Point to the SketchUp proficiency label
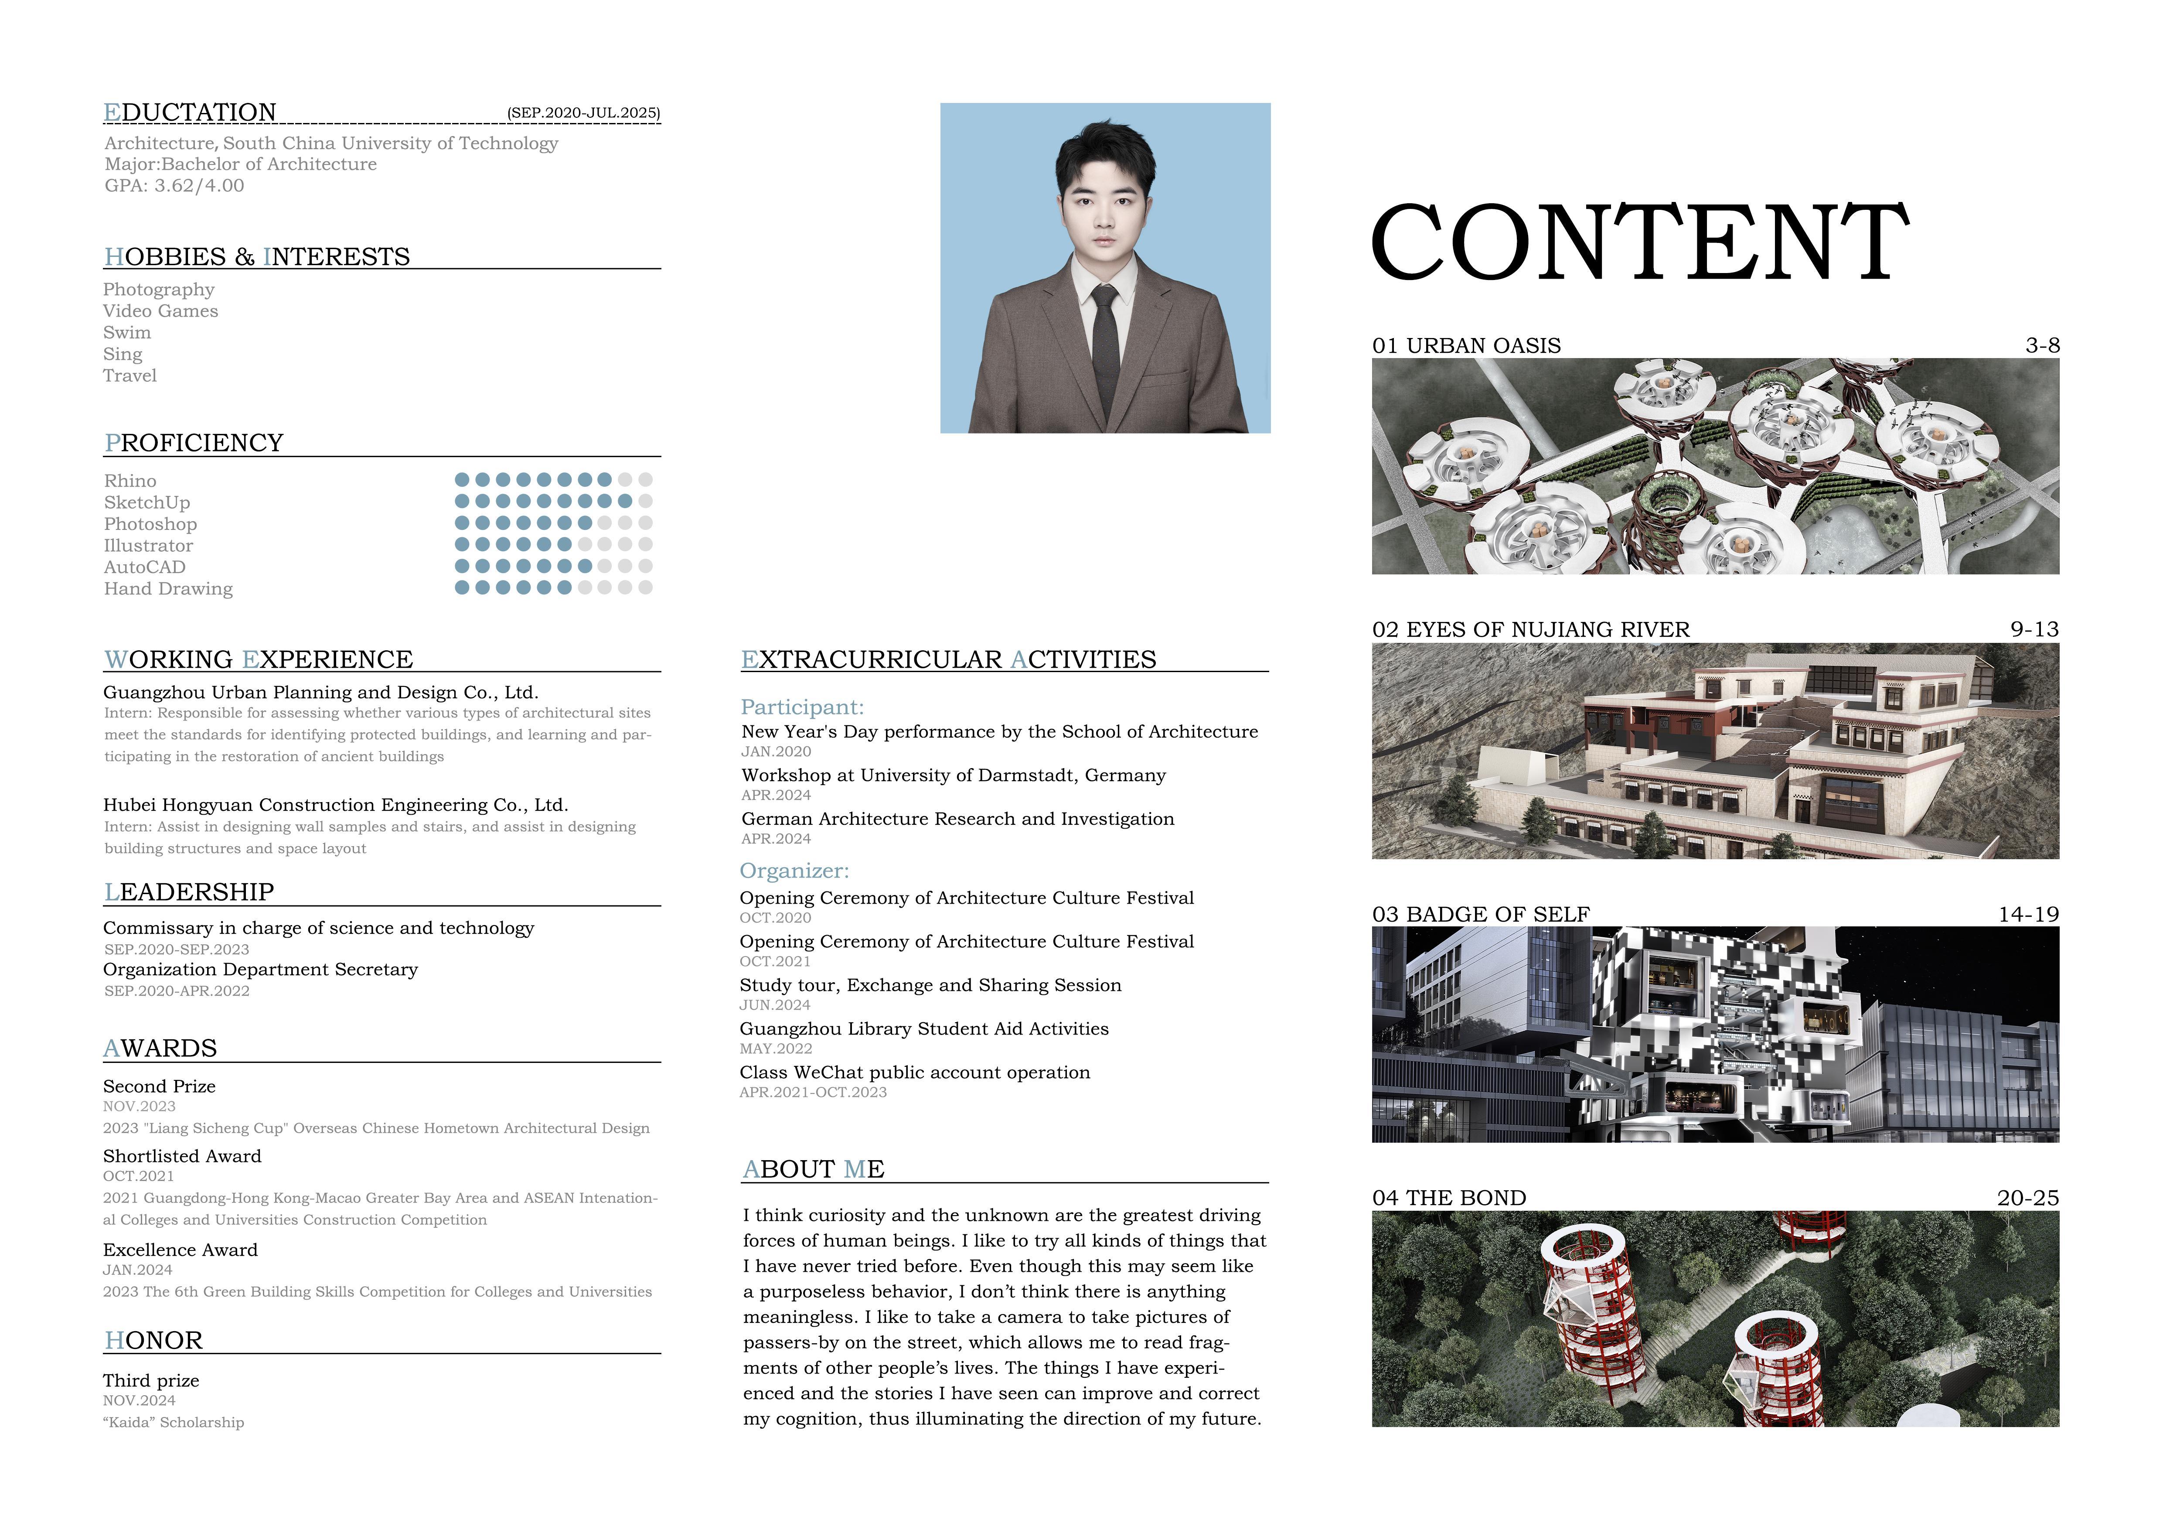point(147,503)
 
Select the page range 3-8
point(2041,346)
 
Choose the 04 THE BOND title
point(1449,1199)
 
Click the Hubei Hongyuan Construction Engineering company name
point(335,806)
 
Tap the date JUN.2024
point(774,1005)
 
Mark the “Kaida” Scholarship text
point(174,1423)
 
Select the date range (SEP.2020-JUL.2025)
point(583,113)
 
